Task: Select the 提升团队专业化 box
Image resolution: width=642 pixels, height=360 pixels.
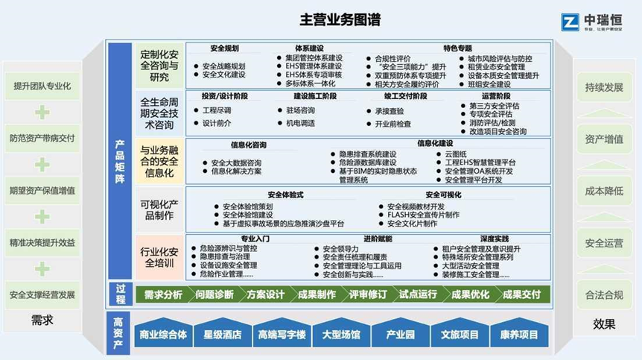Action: pyautogui.click(x=42, y=86)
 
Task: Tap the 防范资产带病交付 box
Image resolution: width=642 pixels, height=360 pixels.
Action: pyautogui.click(x=42, y=139)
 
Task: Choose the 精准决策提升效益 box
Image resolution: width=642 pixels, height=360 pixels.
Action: pyautogui.click(x=42, y=242)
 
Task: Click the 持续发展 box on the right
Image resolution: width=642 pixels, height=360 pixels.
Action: pyautogui.click(x=604, y=87)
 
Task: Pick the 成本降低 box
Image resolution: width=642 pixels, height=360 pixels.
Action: pyautogui.click(x=604, y=191)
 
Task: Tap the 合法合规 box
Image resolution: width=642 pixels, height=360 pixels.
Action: pyautogui.click(x=604, y=294)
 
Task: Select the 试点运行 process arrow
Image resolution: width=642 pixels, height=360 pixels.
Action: pyautogui.click(x=417, y=294)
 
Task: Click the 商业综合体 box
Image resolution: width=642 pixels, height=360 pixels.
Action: pyautogui.click(x=162, y=335)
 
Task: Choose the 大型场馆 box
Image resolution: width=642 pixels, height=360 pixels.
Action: pyautogui.click(x=340, y=335)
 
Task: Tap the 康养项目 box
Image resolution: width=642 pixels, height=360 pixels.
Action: pyautogui.click(x=518, y=335)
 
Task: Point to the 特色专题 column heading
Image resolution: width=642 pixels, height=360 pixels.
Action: pyautogui.click(x=457, y=48)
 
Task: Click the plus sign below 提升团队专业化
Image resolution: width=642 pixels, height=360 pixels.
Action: pyautogui.click(x=42, y=113)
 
